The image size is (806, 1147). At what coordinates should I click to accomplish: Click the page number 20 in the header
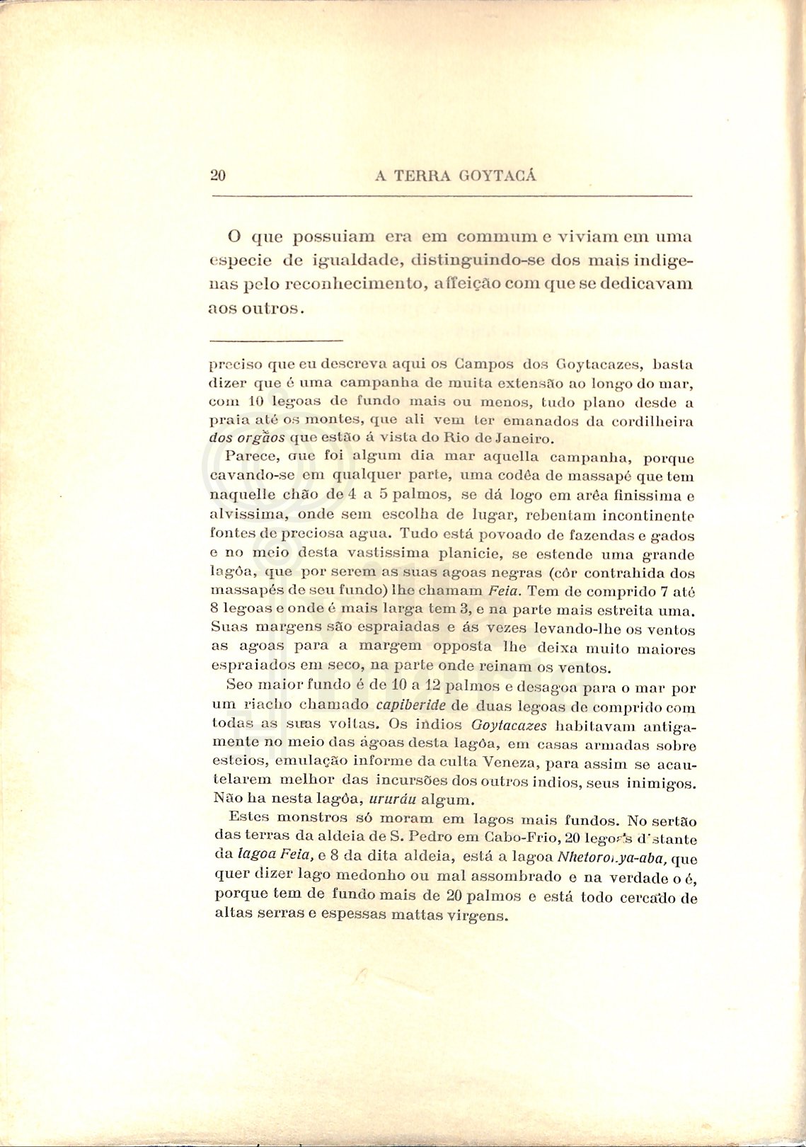218,176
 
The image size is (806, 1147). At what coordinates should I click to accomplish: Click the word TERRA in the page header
422,176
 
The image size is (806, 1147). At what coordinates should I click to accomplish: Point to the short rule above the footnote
277,341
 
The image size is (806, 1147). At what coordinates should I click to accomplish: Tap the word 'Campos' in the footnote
484,365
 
